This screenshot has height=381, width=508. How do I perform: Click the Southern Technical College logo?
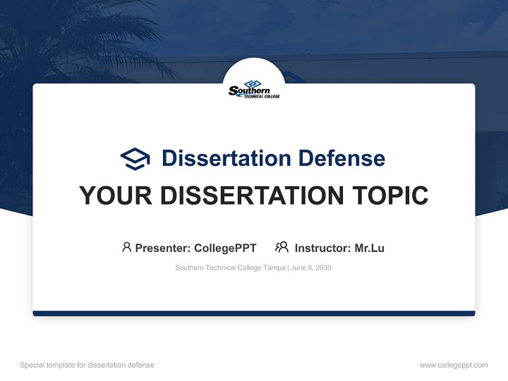pos(253,90)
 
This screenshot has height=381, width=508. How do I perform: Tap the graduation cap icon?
pos(135,159)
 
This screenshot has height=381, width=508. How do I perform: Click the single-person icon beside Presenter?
pos(126,247)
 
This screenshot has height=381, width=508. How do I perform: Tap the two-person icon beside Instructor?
pos(282,247)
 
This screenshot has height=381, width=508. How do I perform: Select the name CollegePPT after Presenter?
pos(225,248)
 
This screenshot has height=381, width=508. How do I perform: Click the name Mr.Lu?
pos(369,248)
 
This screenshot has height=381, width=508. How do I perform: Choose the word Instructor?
pos(322,248)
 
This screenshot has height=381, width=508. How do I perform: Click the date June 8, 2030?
pos(311,268)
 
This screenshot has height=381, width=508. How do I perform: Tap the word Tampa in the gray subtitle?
pos(274,268)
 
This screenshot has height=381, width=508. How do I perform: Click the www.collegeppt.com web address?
pos(453,365)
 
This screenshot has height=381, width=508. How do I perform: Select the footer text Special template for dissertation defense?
pos(87,365)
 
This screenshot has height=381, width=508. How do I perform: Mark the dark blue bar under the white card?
pos(253,313)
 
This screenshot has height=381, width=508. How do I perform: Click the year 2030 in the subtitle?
pos(323,268)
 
